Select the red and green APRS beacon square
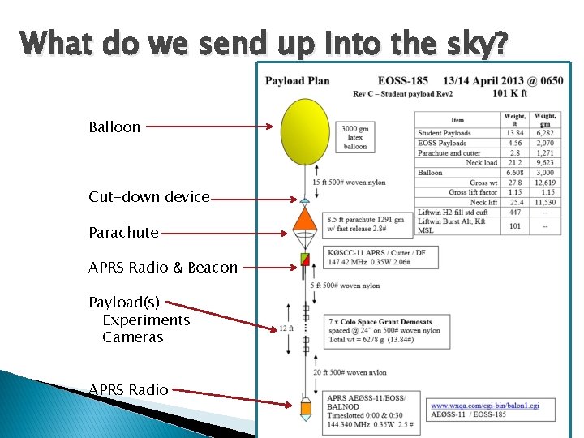click(x=305, y=260)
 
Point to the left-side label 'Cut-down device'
click(x=149, y=197)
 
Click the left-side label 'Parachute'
click(x=123, y=233)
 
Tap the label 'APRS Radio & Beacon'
click(x=163, y=267)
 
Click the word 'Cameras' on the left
click(x=132, y=337)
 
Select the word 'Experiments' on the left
click(x=146, y=320)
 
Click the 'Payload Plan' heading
click(x=298, y=80)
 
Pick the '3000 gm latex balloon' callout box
click(x=354, y=137)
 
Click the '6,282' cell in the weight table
click(x=545, y=133)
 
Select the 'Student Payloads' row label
click(x=444, y=133)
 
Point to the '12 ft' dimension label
click(x=285, y=329)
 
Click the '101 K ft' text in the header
click(x=509, y=92)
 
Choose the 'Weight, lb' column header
click(x=514, y=120)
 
